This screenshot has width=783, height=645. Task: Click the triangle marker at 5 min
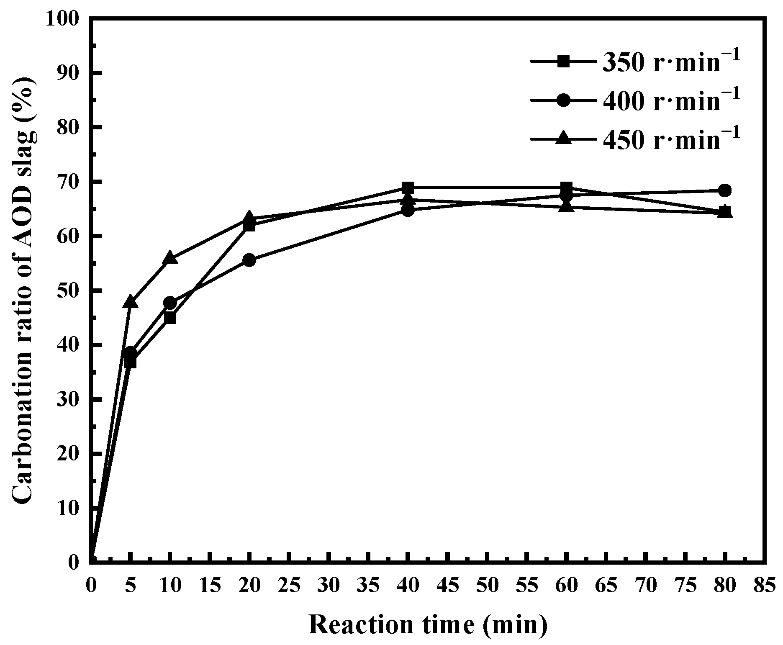point(130,301)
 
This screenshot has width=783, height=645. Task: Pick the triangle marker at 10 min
point(170,258)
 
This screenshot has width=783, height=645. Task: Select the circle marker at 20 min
point(249,260)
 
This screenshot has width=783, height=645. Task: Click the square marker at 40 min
point(408,187)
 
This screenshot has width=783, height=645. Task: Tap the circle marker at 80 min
point(726,190)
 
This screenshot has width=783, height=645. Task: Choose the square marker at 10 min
point(170,318)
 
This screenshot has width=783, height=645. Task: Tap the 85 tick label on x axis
point(765,586)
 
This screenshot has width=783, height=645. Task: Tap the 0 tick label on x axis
point(91,586)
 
